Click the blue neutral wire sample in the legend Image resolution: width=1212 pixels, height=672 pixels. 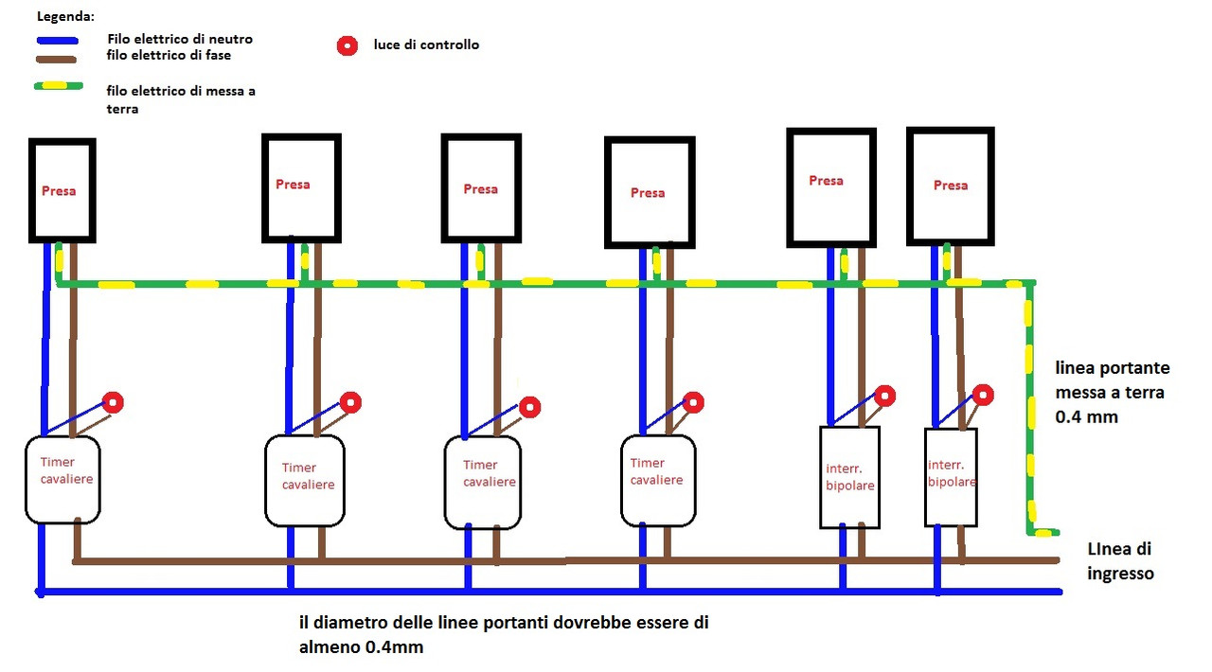coord(58,41)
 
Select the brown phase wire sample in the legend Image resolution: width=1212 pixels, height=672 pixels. coord(56,60)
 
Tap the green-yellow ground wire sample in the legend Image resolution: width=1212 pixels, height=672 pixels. coord(59,86)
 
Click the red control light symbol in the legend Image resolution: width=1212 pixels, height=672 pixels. coord(348,46)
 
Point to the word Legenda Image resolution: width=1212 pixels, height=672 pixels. coord(65,17)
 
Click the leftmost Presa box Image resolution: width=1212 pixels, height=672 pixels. coord(31,189)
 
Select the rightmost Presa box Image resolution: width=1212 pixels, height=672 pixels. coord(910,186)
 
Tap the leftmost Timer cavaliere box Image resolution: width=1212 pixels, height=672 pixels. coord(27,479)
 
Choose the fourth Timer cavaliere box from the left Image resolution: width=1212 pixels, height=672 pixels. coord(623,481)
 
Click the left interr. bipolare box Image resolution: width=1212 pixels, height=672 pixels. coord(821,477)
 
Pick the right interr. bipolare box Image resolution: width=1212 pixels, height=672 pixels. coord(926,477)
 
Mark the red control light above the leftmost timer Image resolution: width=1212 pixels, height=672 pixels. coord(113,402)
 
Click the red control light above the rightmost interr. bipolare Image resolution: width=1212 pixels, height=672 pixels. coord(983,395)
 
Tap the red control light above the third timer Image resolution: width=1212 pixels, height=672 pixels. coord(529,407)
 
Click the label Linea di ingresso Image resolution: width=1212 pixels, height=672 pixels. coord(1120,561)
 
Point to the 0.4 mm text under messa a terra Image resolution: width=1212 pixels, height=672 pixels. coord(1086,416)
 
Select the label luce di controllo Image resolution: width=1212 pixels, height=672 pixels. coord(426,44)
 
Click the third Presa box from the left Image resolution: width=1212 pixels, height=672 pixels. coord(444,188)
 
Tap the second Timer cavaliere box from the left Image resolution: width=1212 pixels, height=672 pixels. coord(267,481)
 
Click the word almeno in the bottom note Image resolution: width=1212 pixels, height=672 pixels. coord(330,647)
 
